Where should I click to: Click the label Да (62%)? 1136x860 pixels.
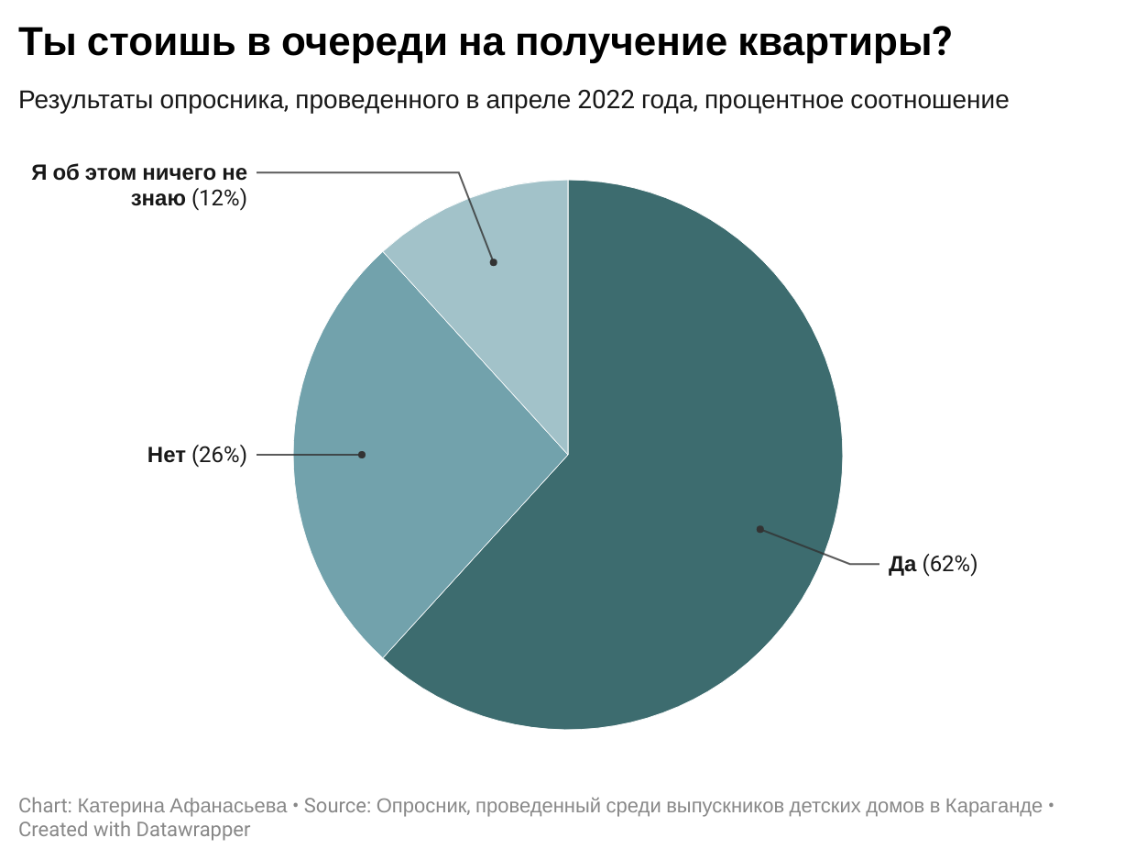click(x=933, y=565)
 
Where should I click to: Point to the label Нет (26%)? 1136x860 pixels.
click(x=197, y=455)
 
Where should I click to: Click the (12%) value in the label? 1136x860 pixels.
click(x=219, y=198)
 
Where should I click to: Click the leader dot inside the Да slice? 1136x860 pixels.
click(x=759, y=529)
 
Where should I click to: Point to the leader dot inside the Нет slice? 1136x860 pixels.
click(x=362, y=455)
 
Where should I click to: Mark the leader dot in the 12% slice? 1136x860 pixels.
click(x=493, y=262)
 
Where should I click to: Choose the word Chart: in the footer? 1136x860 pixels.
click(x=46, y=806)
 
